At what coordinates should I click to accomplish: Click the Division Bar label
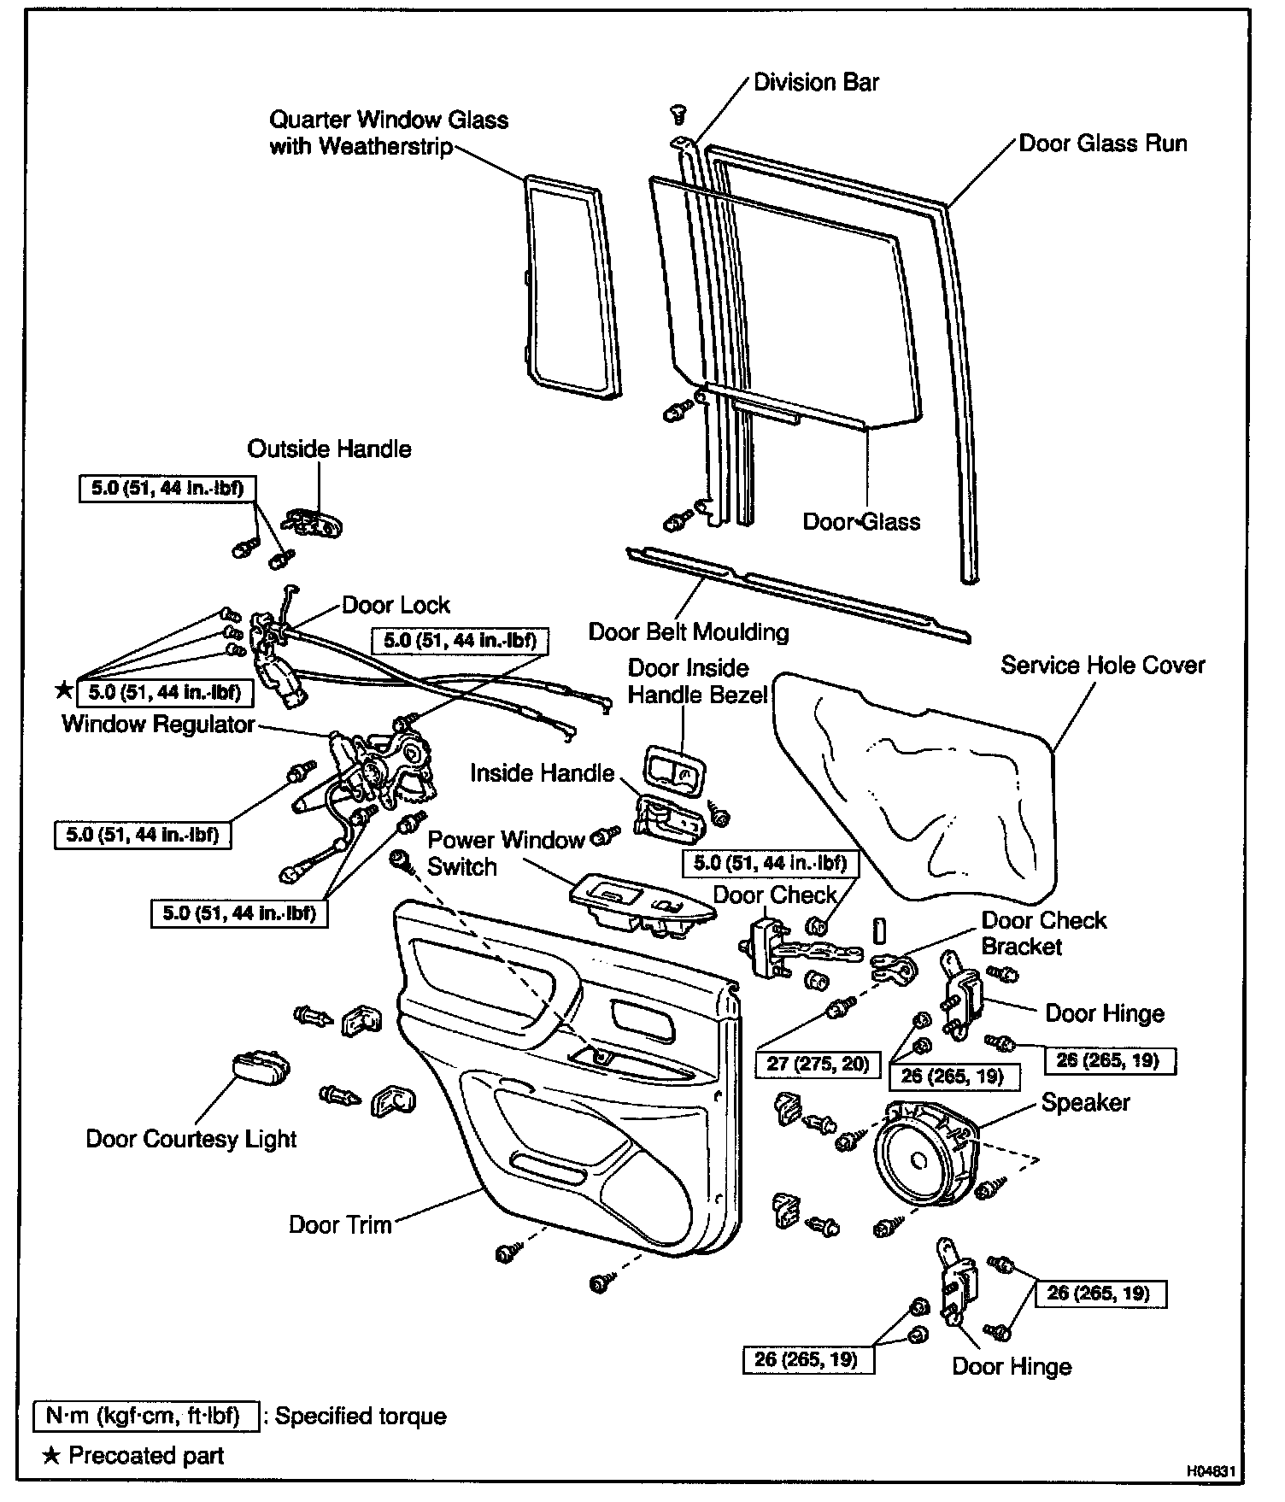pyautogui.click(x=816, y=83)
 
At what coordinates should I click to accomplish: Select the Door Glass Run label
pyautogui.click(x=1103, y=143)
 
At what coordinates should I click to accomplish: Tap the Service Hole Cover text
pyautogui.click(x=1103, y=665)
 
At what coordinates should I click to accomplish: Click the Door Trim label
pyautogui.click(x=340, y=1224)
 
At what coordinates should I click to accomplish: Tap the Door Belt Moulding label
pyautogui.click(x=689, y=632)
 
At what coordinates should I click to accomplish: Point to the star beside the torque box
pyautogui.click(x=63, y=689)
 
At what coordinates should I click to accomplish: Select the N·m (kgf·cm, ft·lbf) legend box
pyautogui.click(x=147, y=1416)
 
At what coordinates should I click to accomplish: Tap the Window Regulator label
pyautogui.click(x=159, y=725)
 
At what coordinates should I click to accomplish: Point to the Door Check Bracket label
pyautogui.click(x=1043, y=933)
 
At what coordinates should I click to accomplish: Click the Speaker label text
pyautogui.click(x=1085, y=1102)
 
